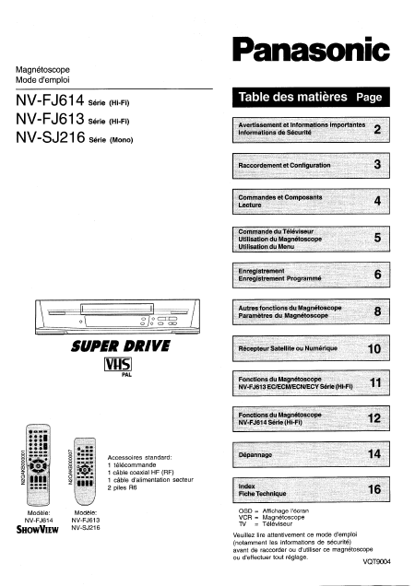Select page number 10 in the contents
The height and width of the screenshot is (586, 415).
pos(373,349)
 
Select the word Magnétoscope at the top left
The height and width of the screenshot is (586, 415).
pos(43,69)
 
